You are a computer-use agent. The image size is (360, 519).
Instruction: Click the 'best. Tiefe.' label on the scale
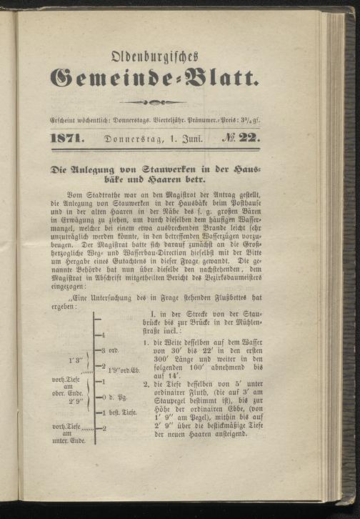118,413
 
